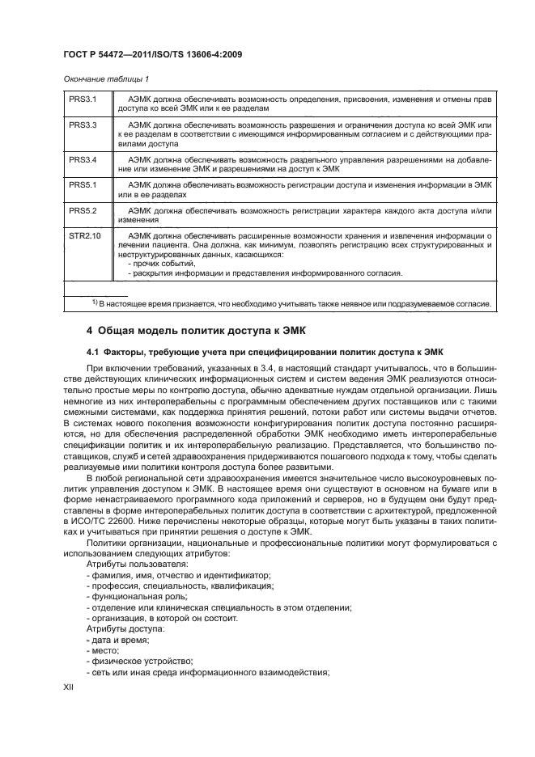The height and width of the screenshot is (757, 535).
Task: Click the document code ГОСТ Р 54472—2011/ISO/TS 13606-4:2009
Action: pos(153,55)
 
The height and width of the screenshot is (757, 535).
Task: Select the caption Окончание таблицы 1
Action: pos(105,78)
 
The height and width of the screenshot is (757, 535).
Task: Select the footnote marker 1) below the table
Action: pos(95,302)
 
